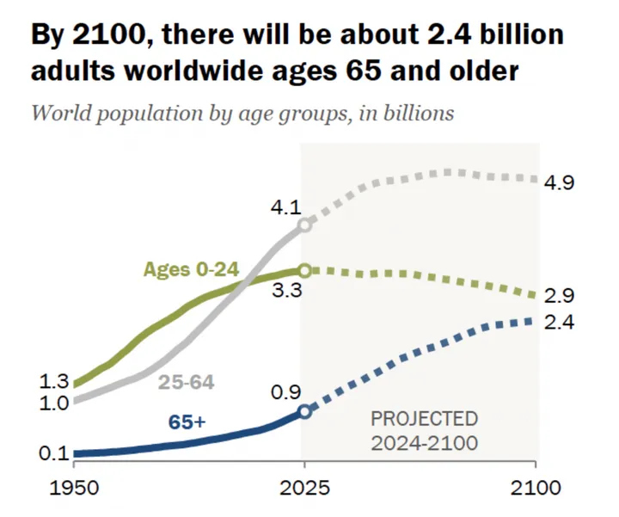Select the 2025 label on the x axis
303,488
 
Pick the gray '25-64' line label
187,381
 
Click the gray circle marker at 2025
304,225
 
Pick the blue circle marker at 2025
304,410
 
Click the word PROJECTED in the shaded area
424,419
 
